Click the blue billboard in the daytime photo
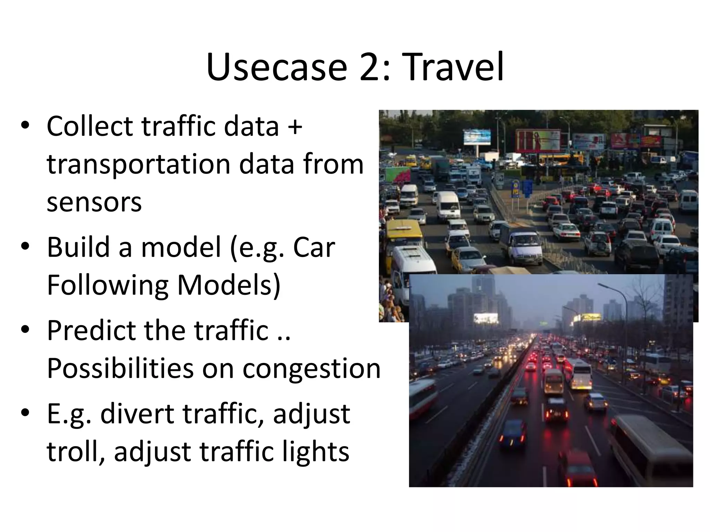477,137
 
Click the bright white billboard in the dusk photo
486,318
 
